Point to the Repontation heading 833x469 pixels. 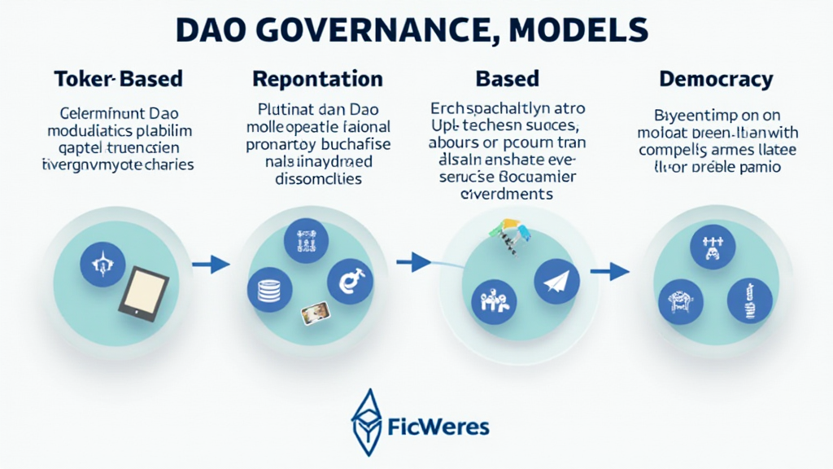tap(317, 79)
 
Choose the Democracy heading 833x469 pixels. tap(716, 79)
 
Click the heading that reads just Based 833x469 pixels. tap(507, 79)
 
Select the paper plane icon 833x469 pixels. tap(556, 282)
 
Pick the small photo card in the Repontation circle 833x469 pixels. tap(314, 313)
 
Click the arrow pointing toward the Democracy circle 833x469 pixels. tap(609, 271)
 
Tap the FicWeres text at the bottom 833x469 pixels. tap(438, 426)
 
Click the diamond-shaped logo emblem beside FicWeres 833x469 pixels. tap(367, 421)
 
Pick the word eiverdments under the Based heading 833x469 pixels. tap(507, 194)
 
